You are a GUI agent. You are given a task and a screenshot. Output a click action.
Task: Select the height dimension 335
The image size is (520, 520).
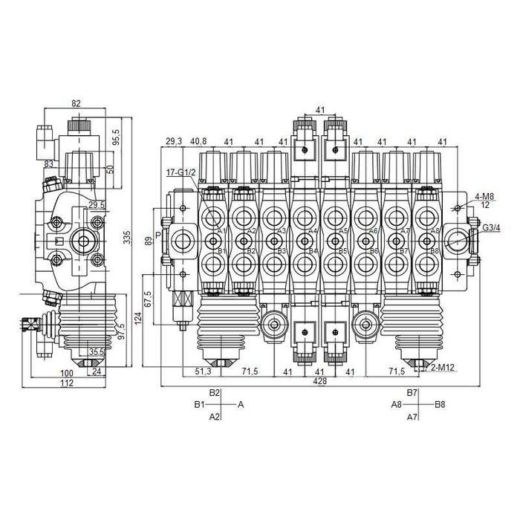tap(126, 238)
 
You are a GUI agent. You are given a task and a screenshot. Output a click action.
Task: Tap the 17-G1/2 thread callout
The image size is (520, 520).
tap(182, 173)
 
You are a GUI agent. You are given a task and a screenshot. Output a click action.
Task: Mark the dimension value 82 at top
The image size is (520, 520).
tap(76, 104)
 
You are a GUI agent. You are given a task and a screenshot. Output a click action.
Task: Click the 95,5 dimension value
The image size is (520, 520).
tap(115, 137)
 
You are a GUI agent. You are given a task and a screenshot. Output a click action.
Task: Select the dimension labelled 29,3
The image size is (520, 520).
tap(174, 141)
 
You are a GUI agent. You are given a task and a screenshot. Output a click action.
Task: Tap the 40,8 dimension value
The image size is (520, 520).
tap(198, 141)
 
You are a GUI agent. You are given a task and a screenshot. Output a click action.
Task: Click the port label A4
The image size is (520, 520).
tap(313, 231)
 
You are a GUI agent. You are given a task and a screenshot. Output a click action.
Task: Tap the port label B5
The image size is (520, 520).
tap(343, 251)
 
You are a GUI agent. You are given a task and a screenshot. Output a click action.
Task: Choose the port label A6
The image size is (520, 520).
tap(374, 231)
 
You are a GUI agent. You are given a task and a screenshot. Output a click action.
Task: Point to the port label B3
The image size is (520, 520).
tap(282, 251)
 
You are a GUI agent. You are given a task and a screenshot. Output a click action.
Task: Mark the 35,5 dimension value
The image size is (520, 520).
tap(97, 352)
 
